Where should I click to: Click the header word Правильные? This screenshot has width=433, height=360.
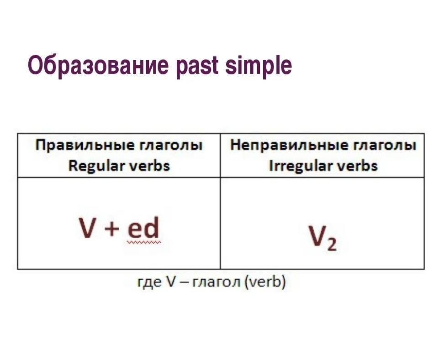(x=85, y=146)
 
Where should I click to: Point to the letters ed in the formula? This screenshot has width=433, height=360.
(x=143, y=227)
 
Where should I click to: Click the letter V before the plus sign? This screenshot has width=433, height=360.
(x=87, y=228)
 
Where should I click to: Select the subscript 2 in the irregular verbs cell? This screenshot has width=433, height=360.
(x=332, y=244)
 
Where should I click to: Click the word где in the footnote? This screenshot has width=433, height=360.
(x=149, y=282)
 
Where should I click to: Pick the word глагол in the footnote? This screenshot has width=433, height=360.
(x=216, y=282)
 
